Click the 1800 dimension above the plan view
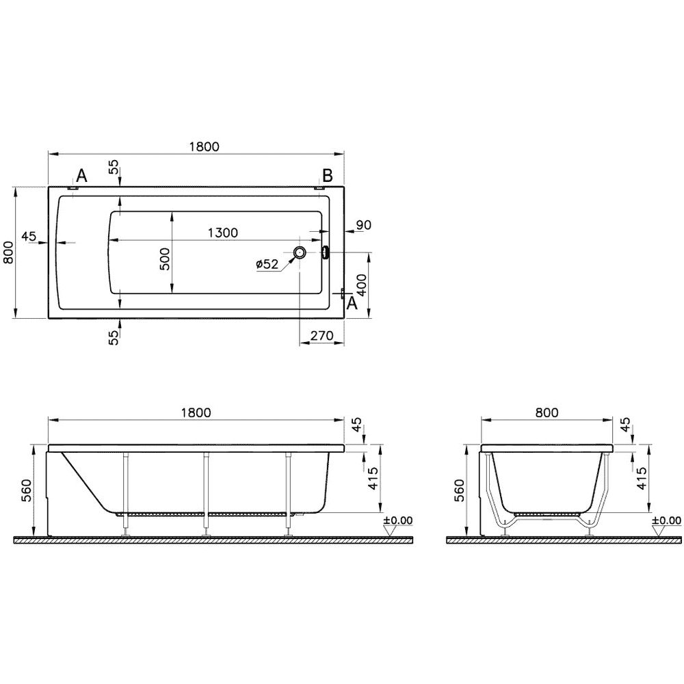[x=204, y=146]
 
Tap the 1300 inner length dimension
[x=222, y=233]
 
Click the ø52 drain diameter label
[x=267, y=264]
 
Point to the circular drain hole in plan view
[x=300, y=252]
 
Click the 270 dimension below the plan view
[x=321, y=335]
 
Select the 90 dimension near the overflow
[x=363, y=225]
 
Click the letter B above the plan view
[x=327, y=176]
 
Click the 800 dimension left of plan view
[x=8, y=253]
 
